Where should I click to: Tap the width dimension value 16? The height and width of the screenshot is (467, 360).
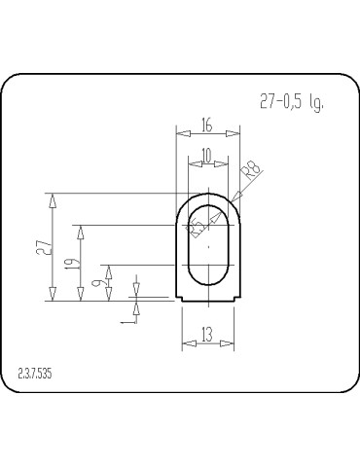tap(206, 125)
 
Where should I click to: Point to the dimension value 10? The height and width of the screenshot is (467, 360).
tap(206, 156)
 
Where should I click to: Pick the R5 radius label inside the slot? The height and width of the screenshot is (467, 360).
tap(197, 229)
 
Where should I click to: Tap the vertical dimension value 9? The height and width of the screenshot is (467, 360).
tap(97, 283)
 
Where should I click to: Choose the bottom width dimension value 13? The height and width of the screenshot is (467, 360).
tap(207, 334)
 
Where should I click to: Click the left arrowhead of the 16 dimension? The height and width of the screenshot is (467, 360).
tap(180, 134)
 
